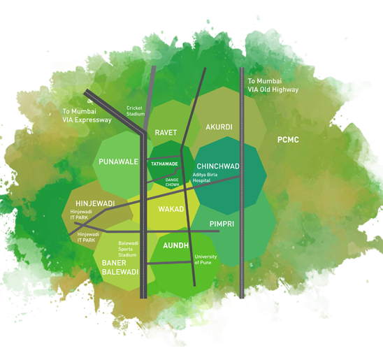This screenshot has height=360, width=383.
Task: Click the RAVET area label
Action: (166, 133)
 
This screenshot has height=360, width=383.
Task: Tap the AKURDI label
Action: (219, 127)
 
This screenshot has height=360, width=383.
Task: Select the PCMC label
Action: (288, 140)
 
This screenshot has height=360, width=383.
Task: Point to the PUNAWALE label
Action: (118, 161)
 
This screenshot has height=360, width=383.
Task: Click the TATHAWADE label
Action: (164, 164)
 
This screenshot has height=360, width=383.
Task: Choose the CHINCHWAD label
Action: (218, 166)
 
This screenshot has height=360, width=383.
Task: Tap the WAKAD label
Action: (171, 209)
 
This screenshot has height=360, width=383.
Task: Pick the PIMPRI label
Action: (222, 224)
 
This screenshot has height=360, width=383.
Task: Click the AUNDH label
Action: (175, 245)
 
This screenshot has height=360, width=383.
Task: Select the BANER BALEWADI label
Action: (120, 268)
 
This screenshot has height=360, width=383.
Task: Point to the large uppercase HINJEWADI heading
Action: (95, 203)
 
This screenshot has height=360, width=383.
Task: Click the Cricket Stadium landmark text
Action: (136, 111)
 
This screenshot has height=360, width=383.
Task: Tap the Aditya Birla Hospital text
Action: (205, 178)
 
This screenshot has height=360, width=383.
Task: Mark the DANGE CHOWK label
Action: (172, 182)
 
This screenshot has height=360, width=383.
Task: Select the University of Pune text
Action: (205, 259)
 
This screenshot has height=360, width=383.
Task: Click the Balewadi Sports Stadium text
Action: (128, 249)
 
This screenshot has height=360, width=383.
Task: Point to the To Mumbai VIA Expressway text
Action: (87, 115)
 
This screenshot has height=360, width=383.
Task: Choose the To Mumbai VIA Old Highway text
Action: (273, 85)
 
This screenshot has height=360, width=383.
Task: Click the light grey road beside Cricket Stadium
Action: (150, 98)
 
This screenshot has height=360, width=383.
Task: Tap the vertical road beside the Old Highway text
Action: (242, 183)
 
